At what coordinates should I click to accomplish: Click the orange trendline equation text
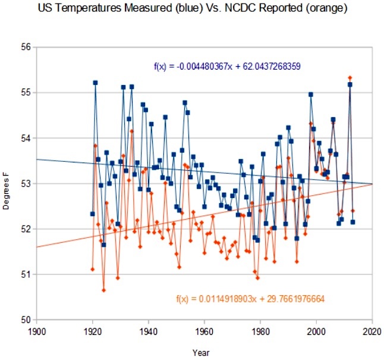point(250,298)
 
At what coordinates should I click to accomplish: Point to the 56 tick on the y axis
point(27,46)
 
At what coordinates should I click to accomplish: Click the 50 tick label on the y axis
point(27,320)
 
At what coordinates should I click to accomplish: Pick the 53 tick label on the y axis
point(27,183)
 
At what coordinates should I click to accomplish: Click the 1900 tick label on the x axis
point(37,330)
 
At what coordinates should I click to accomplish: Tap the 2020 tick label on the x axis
point(373,330)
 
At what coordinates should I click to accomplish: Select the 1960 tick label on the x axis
point(204,330)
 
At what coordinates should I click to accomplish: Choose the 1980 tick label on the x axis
point(260,330)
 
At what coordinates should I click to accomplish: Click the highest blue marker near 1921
point(95,83)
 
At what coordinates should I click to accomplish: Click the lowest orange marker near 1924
point(103,290)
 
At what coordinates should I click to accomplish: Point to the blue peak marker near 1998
point(311,94)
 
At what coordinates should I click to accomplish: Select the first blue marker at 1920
point(92,214)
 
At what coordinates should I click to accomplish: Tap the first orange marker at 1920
point(92,270)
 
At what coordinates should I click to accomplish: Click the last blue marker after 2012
point(353,222)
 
